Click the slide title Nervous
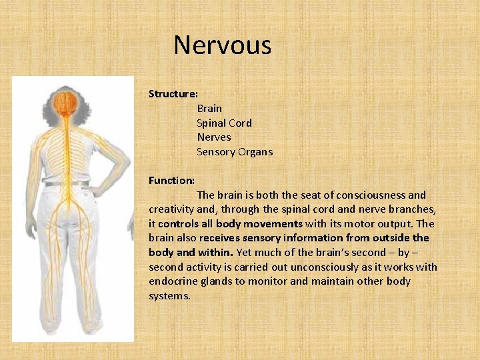coord(222,45)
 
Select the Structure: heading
coord(173,94)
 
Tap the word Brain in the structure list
coord(209,108)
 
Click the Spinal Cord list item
coord(224,123)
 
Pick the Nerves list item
coord(213,137)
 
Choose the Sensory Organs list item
coord(234,152)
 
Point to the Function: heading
coord(171,181)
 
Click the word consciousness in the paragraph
coord(371,195)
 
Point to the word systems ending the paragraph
coord(169,296)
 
